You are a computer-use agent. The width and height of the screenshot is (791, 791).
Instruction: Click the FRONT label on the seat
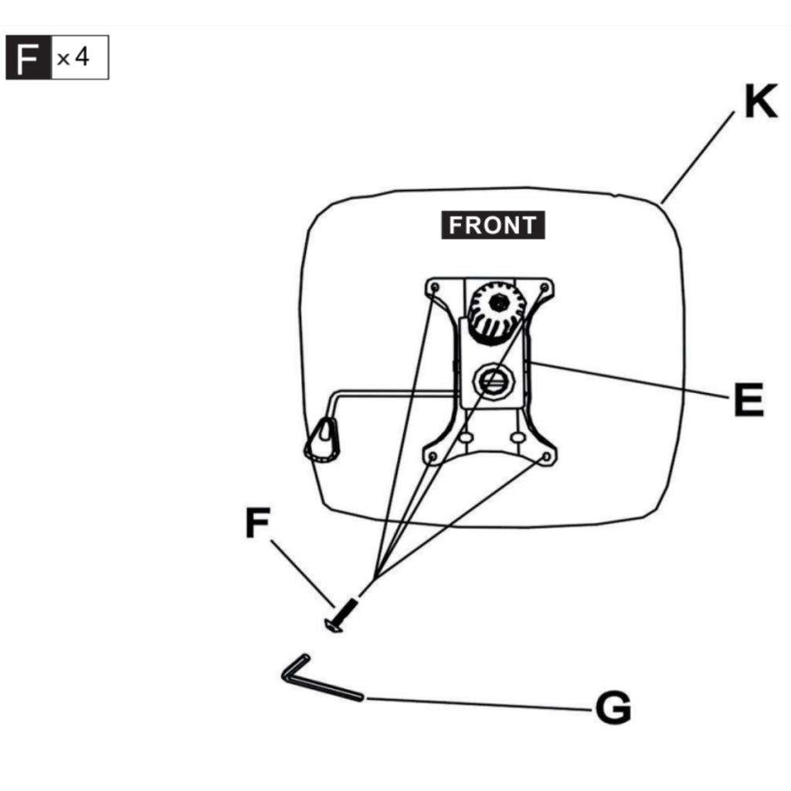tap(493, 226)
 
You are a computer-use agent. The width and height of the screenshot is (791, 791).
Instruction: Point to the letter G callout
tap(613, 707)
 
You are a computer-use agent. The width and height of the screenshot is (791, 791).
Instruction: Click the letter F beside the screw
tap(256, 524)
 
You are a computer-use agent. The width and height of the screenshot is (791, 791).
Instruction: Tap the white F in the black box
tap(29, 58)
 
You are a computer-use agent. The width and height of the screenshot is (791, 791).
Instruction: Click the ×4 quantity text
tap(75, 58)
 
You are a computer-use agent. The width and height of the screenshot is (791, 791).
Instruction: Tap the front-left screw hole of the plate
tap(434, 288)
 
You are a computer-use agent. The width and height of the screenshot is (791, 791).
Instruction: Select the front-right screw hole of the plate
tap(544, 288)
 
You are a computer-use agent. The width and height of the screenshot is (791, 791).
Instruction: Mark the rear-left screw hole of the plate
tap(432, 457)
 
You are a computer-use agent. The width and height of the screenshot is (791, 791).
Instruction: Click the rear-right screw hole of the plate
tap(548, 457)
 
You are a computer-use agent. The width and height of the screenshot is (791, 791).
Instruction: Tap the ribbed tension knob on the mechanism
tap(496, 311)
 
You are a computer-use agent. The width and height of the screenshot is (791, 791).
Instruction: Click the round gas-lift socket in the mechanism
tap(491, 379)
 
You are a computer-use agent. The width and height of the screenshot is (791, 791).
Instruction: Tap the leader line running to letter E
tap(626, 379)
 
